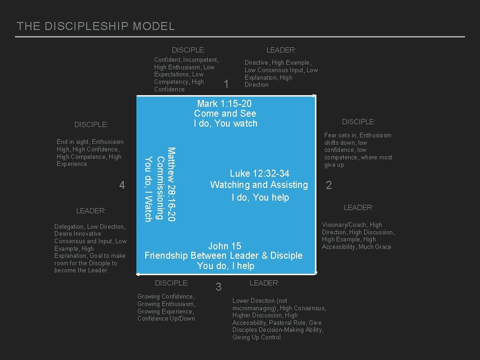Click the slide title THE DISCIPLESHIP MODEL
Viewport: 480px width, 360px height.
(96, 26)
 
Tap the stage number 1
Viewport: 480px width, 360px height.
(226, 84)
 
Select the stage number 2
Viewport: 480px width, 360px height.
(329, 186)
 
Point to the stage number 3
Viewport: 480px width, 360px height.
(218, 287)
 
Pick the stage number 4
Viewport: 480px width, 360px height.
(122, 186)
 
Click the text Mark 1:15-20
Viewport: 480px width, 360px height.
(225, 104)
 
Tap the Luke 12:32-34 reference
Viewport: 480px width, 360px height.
(259, 173)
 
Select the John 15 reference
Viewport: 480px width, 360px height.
(225, 246)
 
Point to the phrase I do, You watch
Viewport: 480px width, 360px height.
(225, 124)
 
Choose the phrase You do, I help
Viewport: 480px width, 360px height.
(225, 266)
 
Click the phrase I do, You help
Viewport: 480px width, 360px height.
(260, 197)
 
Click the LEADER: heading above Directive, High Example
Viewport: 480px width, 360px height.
(281, 50)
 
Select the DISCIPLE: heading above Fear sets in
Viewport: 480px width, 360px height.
(359, 122)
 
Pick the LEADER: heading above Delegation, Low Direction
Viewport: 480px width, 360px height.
(91, 211)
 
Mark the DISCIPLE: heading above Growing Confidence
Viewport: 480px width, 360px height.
(172, 283)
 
